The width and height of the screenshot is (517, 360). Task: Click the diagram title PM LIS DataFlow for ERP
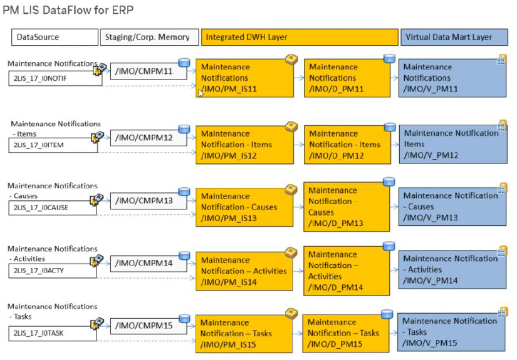[x=68, y=10]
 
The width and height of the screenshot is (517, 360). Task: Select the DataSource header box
[x=55, y=37]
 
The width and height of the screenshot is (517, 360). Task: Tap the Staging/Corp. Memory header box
[x=149, y=37]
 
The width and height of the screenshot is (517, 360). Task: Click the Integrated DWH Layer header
[x=300, y=37]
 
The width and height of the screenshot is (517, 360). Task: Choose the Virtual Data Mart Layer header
[x=454, y=37]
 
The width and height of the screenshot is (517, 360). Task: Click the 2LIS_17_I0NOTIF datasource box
[x=55, y=78]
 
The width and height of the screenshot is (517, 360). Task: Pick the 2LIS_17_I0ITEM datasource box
[x=53, y=145]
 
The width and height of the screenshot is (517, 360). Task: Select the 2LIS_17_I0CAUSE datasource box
[x=53, y=207]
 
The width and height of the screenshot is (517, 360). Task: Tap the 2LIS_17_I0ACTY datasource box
[x=53, y=270]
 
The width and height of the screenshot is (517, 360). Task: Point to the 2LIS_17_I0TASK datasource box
[x=53, y=333]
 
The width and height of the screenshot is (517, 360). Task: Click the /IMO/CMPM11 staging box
[x=149, y=71]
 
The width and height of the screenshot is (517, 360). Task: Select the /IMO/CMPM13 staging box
[x=149, y=200]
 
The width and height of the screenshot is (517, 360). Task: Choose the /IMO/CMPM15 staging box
[x=149, y=326]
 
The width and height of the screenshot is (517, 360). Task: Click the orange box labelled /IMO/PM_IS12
[x=244, y=145]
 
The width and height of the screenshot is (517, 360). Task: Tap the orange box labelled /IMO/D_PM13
[x=347, y=207]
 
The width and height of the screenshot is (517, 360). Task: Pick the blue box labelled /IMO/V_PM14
[x=452, y=270]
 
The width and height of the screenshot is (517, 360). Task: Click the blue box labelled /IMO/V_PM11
[x=452, y=78]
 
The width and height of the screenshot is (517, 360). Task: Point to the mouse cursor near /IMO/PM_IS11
[x=201, y=93]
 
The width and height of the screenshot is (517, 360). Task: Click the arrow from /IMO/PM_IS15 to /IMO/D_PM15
[x=298, y=334]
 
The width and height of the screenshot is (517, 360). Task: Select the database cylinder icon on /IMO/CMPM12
[x=184, y=129]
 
